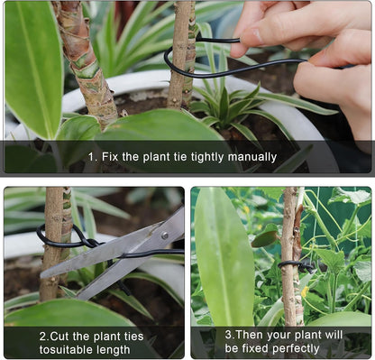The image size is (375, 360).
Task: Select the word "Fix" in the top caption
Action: pyautogui.click(x=109, y=157)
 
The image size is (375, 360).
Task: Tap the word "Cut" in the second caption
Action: pyautogui.click(x=61, y=335)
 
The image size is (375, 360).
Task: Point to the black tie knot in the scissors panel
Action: pyautogui.click(x=86, y=241)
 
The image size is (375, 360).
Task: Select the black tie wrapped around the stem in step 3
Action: pyautogui.click(x=297, y=265)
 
